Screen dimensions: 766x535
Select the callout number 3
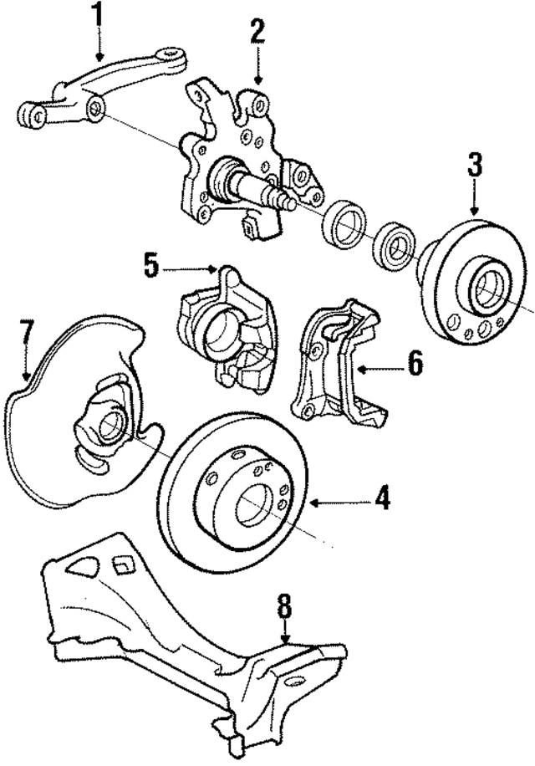tap(475, 166)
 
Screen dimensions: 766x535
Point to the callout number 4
tap(382, 499)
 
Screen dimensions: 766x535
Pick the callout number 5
tap(150, 267)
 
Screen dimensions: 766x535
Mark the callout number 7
tap(26, 332)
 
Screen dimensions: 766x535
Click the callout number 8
tap(285, 605)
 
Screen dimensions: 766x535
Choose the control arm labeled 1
tap(100, 92)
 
